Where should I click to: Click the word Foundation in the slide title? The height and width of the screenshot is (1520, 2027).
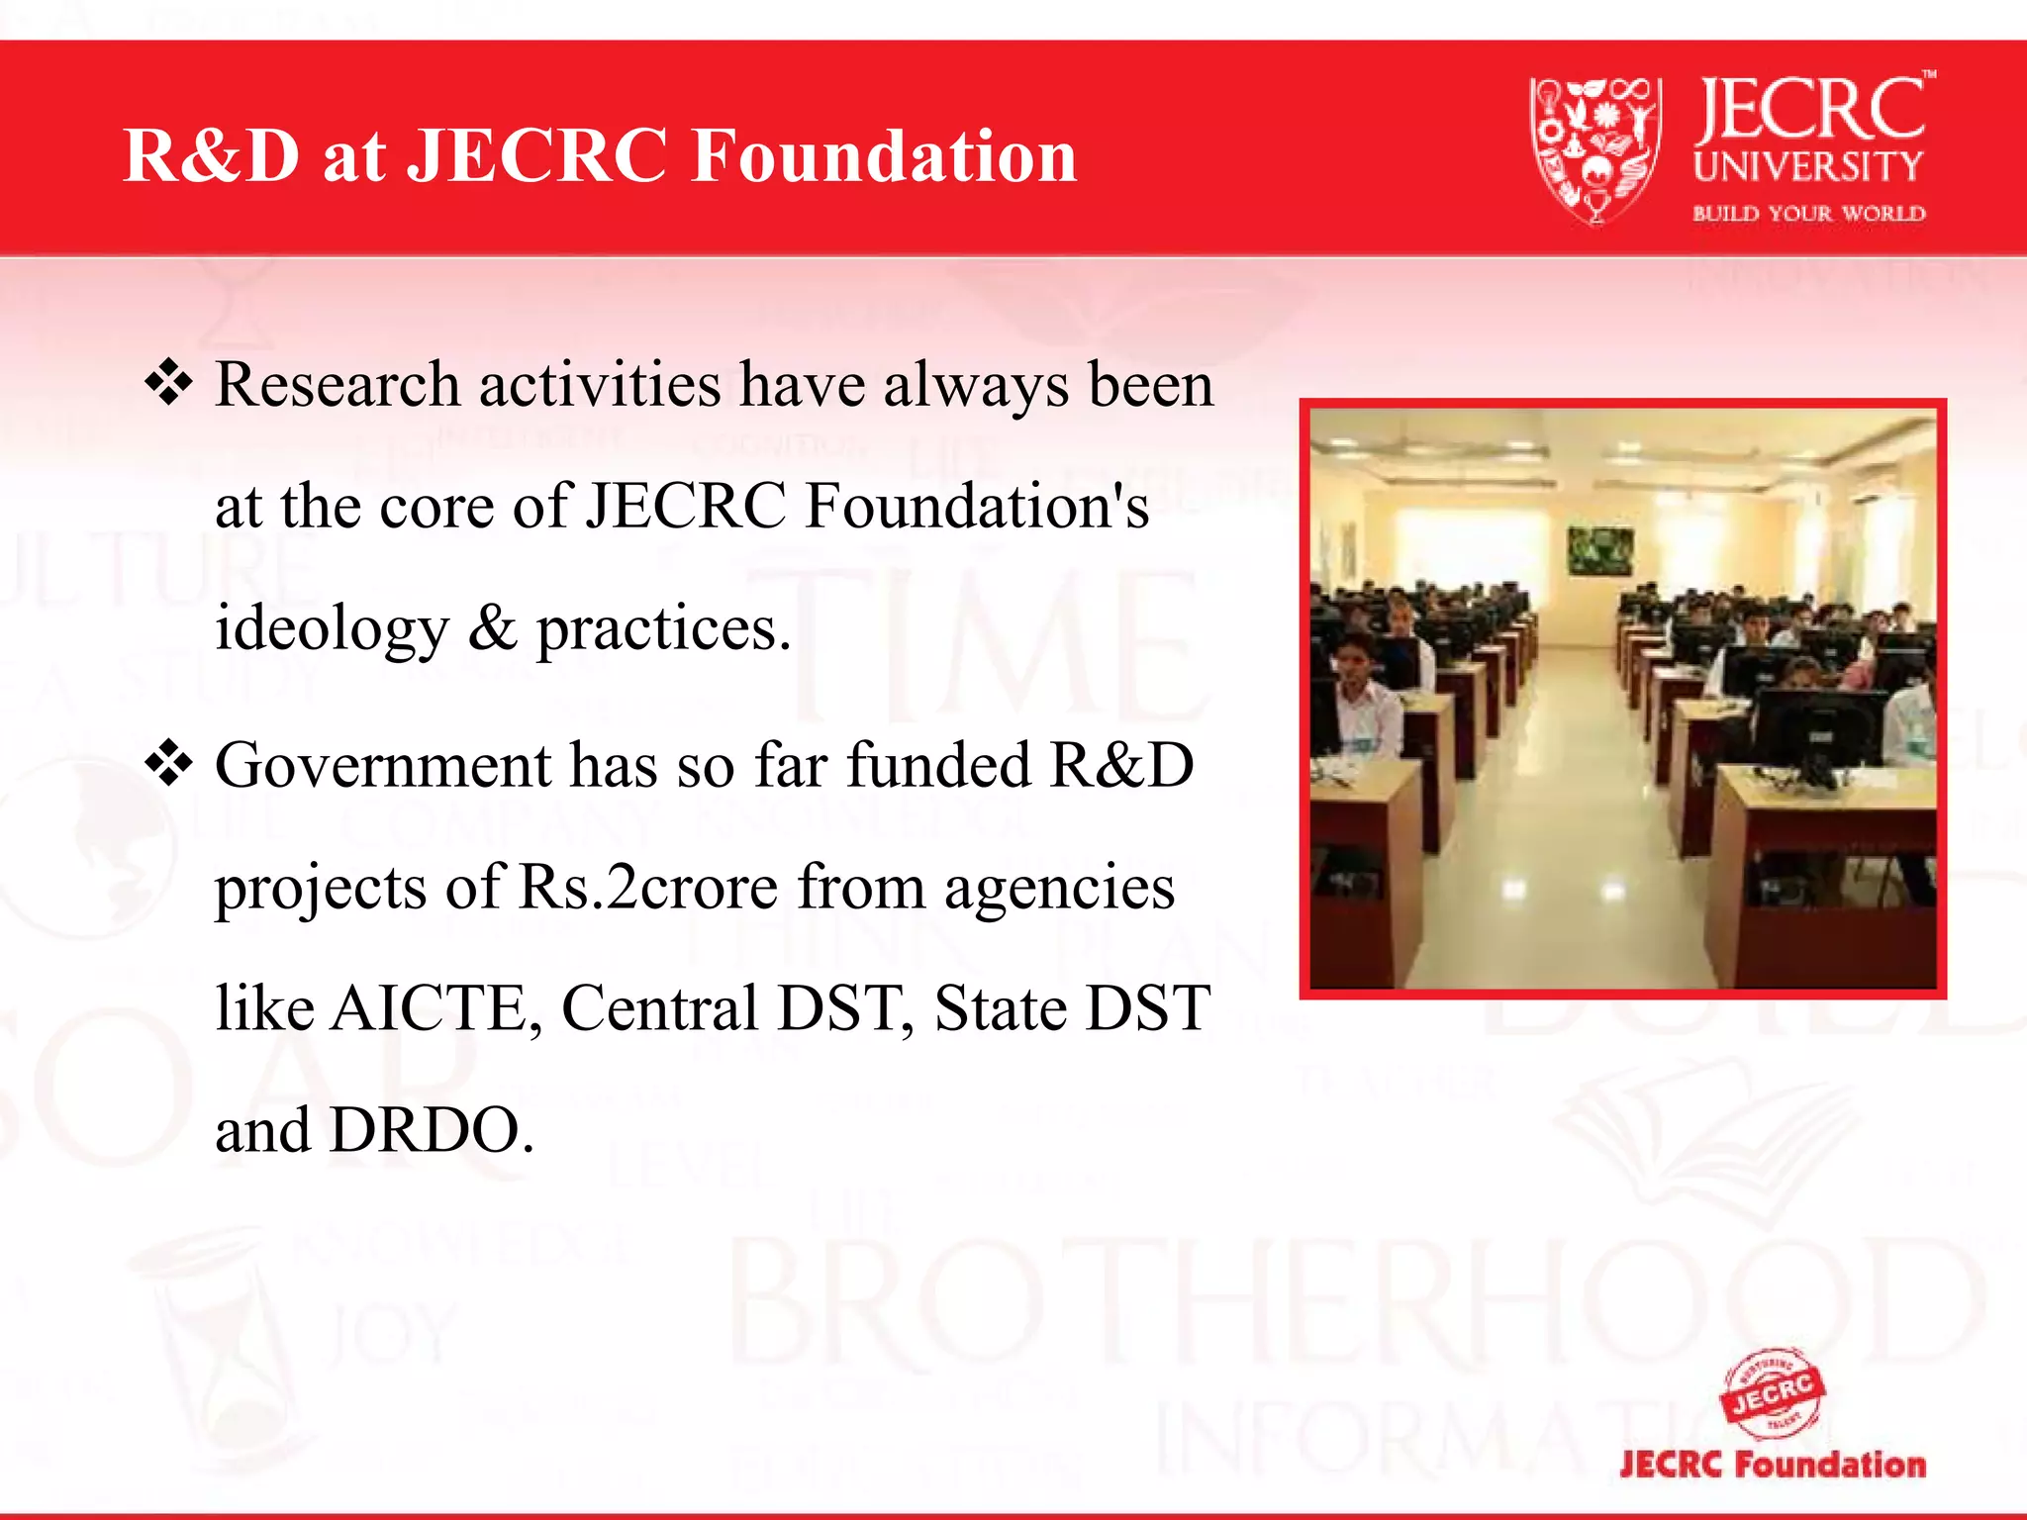[884, 156]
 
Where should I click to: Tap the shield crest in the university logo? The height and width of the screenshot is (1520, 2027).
[1594, 148]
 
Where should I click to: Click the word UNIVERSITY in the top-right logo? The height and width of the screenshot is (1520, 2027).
[1807, 166]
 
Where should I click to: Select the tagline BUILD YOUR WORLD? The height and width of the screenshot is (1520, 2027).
[1808, 214]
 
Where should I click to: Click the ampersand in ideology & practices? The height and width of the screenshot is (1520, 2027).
[492, 627]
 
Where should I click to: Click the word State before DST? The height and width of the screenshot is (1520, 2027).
[1000, 1008]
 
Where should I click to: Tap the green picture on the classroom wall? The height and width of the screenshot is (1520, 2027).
[1600, 550]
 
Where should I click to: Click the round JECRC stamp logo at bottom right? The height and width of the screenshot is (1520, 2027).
[1773, 1393]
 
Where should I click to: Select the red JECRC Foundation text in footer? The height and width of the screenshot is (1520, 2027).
[1773, 1464]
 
